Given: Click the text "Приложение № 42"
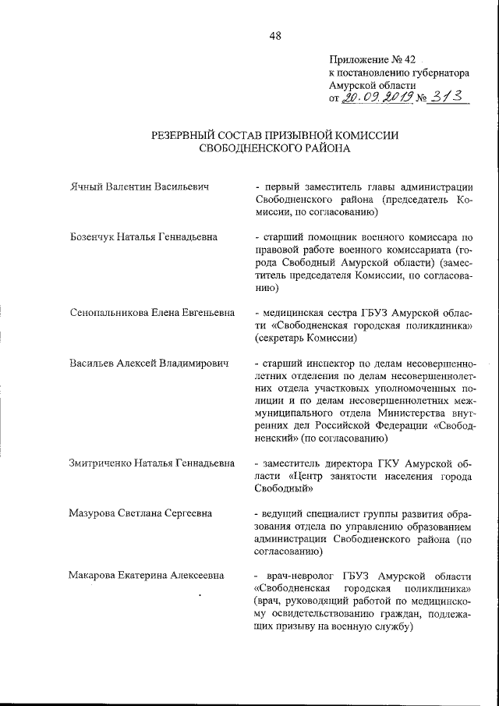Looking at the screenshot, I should (x=373, y=59).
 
